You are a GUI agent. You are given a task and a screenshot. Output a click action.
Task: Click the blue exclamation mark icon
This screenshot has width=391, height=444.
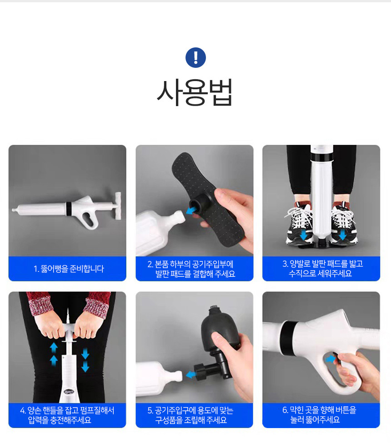(195, 58)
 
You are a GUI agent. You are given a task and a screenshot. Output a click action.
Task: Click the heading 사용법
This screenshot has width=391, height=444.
(195, 92)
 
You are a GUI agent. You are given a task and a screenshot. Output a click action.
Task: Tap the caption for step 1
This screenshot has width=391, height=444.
(69, 269)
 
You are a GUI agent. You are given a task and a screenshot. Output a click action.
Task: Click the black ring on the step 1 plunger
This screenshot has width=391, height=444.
(69, 209)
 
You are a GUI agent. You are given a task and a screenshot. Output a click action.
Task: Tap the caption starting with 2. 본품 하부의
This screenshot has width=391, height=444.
(191, 269)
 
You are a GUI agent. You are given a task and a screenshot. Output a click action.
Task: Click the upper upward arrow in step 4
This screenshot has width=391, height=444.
(54, 347)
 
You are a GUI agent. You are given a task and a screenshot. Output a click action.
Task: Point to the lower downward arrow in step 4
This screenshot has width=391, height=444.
(85, 367)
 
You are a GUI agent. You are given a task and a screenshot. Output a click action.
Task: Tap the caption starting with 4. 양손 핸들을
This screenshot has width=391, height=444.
(67, 415)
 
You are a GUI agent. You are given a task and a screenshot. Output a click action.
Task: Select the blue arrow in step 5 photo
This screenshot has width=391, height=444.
(191, 375)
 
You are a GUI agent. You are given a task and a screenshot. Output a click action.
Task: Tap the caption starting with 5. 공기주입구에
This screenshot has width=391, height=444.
(191, 415)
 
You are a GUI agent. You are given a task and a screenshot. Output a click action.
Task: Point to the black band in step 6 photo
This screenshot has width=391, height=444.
(288, 338)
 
